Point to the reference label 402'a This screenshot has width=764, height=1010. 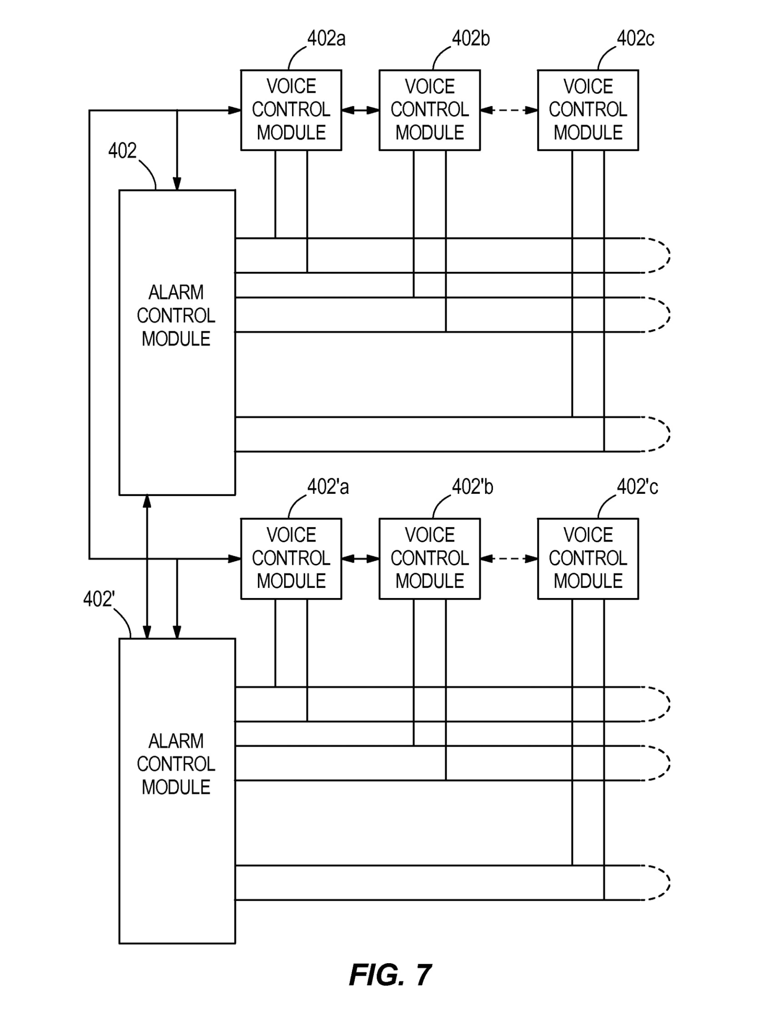pyautogui.click(x=327, y=487)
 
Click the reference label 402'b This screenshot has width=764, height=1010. pyautogui.click(x=472, y=487)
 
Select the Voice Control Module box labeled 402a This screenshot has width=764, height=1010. pyautogui.click(x=291, y=110)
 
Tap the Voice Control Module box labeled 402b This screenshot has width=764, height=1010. pyautogui.click(x=429, y=110)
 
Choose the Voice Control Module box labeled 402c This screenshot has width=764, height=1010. pyautogui.click(x=588, y=110)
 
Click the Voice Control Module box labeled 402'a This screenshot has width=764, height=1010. pyautogui.click(x=291, y=558)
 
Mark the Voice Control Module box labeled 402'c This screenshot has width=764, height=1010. pyautogui.click(x=588, y=558)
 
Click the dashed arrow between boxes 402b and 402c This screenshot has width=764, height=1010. pyautogui.click(x=509, y=110)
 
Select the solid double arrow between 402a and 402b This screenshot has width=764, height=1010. pyautogui.click(x=360, y=110)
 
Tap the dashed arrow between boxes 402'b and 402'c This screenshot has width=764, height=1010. pyautogui.click(x=509, y=558)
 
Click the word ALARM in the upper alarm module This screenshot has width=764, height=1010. pyautogui.click(x=176, y=292)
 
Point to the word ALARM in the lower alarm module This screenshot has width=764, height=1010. pyautogui.click(x=176, y=741)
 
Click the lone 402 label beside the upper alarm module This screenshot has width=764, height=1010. pyautogui.click(x=122, y=151)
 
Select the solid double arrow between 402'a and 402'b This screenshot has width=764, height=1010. pyautogui.click(x=360, y=558)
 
